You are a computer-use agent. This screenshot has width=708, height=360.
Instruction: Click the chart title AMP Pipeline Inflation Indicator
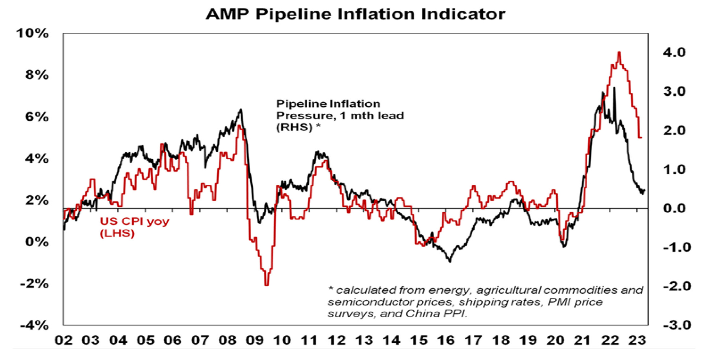pos(355,14)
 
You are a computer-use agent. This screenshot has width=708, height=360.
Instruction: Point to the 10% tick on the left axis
pos(33,33)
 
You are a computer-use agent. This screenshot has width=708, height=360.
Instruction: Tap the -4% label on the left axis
pos(34,325)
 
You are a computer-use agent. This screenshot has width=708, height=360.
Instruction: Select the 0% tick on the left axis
pos(37,242)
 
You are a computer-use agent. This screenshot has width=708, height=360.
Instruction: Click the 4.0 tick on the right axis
pos(674,52)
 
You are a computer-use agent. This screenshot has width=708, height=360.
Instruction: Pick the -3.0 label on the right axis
pos(677,325)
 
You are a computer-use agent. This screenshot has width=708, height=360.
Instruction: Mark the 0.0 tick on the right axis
pos(674,208)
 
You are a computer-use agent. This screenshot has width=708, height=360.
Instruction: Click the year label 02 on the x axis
pos(63,341)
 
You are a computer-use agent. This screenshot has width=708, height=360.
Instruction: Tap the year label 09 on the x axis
pos(255,341)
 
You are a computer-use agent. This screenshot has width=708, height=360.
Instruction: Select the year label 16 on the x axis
pos(446,341)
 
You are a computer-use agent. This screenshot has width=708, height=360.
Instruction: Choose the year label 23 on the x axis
pos(637,341)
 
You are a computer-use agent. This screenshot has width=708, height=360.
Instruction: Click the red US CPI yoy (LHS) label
pos(134,227)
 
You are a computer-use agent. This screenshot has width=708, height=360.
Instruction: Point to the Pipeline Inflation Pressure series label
pos(339,116)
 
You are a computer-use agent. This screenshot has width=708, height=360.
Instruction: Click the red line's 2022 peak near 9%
pos(619,52)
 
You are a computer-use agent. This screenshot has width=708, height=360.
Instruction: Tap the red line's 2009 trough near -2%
pos(266,285)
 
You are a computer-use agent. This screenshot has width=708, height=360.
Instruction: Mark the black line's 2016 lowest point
pos(450,261)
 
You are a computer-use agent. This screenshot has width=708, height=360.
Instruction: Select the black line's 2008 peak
pos(241,110)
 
